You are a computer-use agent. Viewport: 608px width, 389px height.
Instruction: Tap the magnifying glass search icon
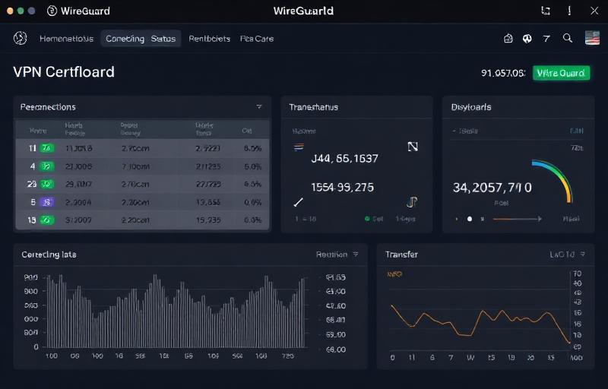coord(567,38)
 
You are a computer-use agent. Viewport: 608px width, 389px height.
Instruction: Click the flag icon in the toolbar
coord(592,38)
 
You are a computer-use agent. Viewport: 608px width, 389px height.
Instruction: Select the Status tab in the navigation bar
coord(163,38)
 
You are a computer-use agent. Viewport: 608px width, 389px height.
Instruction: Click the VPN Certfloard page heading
coord(64,72)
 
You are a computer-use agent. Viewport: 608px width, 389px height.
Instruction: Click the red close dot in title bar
coord(10,11)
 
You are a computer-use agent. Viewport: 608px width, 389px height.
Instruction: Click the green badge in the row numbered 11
coord(46,148)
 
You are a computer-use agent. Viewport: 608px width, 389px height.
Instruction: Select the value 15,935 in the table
coord(207,220)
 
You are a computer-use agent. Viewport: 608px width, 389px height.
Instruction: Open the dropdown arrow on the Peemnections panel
coord(259,107)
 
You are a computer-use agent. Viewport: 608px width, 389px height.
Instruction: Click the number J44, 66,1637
coord(344,159)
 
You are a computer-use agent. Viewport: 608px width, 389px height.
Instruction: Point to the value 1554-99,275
coord(342,187)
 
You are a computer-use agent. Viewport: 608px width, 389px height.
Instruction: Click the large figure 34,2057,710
coord(492,187)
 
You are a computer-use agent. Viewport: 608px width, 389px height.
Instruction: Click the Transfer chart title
coord(401,255)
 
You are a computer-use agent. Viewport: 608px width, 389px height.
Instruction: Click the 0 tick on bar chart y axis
coord(35,346)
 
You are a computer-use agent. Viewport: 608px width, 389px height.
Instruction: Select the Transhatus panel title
coord(313,107)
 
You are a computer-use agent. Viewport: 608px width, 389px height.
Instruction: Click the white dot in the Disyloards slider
coord(470,219)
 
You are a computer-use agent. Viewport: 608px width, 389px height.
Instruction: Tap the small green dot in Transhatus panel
coord(367,219)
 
